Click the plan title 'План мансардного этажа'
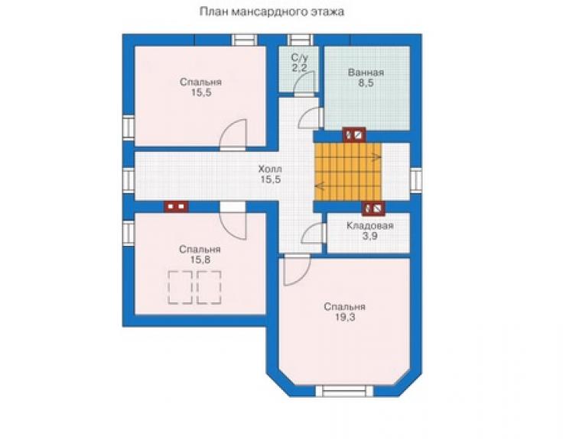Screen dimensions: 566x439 pyautogui.click(x=272, y=12)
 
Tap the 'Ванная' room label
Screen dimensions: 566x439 pyautogui.click(x=366, y=73)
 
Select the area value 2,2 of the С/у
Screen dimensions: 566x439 pyautogui.click(x=299, y=68)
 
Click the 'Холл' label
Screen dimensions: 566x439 pyautogui.click(x=270, y=169)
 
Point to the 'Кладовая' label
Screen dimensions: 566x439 pyautogui.click(x=370, y=226)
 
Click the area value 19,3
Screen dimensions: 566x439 pyautogui.click(x=344, y=317)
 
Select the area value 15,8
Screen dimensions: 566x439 pyautogui.click(x=200, y=260)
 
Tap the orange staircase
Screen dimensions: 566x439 pyautogui.click(x=348, y=172)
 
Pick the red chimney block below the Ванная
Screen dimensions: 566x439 pyautogui.click(x=354, y=135)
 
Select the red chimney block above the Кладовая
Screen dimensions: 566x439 pyautogui.click(x=373, y=208)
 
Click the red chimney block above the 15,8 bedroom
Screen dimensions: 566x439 pyautogui.click(x=177, y=207)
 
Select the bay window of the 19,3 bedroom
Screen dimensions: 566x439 pyautogui.click(x=345, y=391)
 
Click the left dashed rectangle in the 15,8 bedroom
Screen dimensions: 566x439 pyautogui.click(x=180, y=287)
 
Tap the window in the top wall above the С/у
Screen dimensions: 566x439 pyautogui.click(x=301, y=40)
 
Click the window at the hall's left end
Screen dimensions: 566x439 pyautogui.click(x=128, y=179)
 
